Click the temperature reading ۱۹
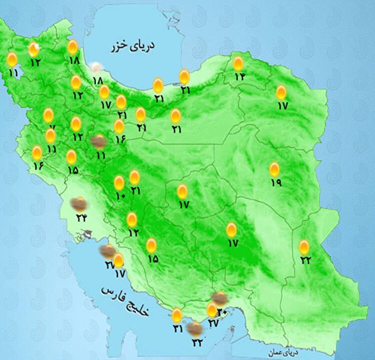[x=276, y=182]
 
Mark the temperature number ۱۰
[x=120, y=196]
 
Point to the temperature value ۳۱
[x=177, y=328]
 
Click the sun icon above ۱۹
[x=274, y=169]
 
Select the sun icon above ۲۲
[x=304, y=246]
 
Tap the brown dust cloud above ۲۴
[x=78, y=203]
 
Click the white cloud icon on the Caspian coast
[x=96, y=67]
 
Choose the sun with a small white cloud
[x=34, y=49]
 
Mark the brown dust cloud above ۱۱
[x=98, y=142]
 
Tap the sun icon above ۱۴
[x=238, y=63]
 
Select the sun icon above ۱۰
[x=119, y=182]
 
